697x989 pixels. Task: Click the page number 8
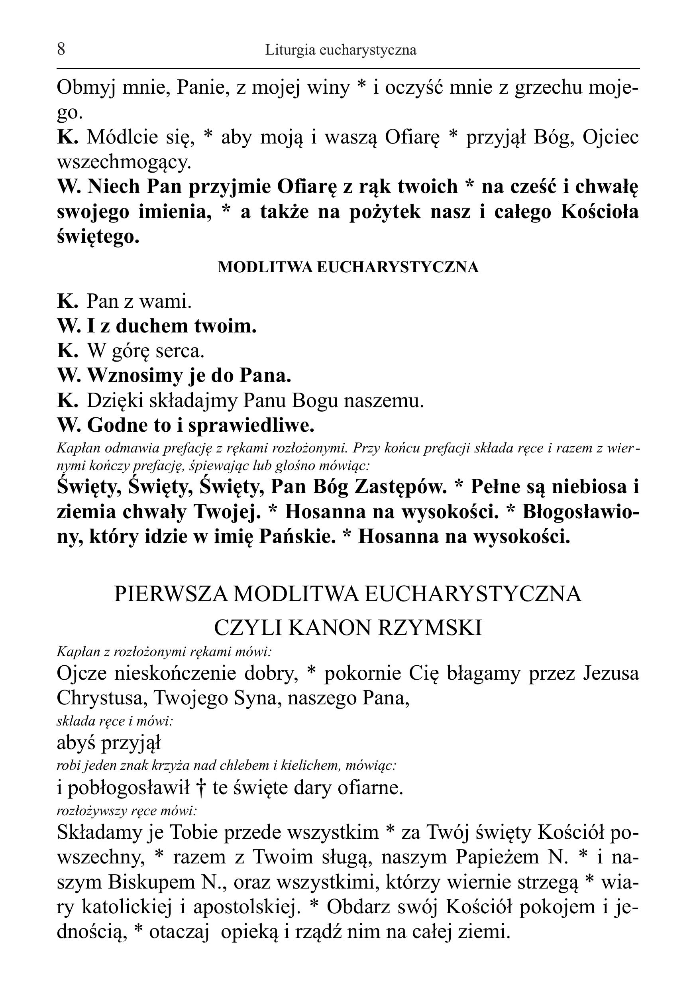[61, 49]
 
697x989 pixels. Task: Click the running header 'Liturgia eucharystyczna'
[341, 50]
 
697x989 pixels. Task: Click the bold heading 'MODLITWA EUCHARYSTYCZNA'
[348, 267]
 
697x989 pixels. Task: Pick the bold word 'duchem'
[151, 326]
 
